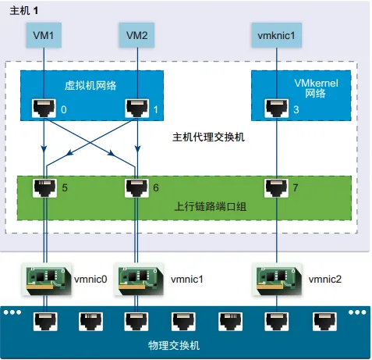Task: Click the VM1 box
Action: [x=44, y=35]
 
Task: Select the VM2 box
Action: [x=136, y=35]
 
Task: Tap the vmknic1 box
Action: [x=276, y=35]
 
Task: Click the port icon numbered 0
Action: [x=44, y=109]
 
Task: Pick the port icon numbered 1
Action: [x=137, y=109]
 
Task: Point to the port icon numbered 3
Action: [x=277, y=109]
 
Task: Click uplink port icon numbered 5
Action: [x=45, y=188]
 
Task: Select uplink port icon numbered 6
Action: [x=137, y=188]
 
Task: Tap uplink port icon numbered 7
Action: [x=276, y=188]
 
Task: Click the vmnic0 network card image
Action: [x=47, y=280]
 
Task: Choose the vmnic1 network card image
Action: [x=140, y=280]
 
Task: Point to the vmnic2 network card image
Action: [x=278, y=280]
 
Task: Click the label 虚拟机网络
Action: [x=90, y=85]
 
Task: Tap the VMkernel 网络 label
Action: [x=316, y=88]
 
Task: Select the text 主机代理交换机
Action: [x=208, y=137]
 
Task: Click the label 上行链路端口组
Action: [x=210, y=207]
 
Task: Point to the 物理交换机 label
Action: [x=174, y=345]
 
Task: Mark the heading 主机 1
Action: [x=24, y=11]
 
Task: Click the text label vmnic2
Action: [x=325, y=280]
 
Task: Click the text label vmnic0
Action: [x=90, y=280]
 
